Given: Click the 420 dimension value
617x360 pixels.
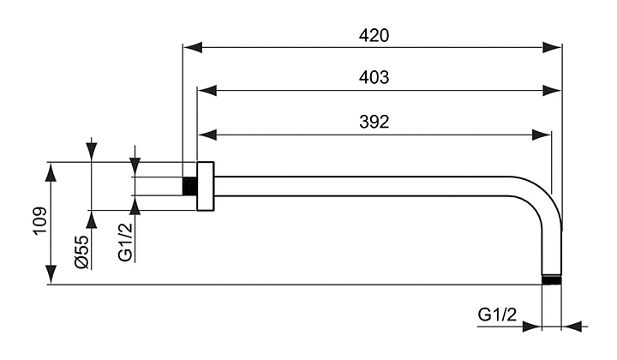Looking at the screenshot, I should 374,36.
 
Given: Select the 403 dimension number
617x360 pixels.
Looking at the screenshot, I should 374,77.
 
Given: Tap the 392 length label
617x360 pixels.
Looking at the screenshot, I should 374,121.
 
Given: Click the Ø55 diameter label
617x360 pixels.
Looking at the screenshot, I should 81,251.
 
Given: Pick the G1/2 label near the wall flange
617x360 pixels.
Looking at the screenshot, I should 126,242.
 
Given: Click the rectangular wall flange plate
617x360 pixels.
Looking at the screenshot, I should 205,185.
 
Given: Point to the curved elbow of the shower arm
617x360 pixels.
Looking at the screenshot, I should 548,206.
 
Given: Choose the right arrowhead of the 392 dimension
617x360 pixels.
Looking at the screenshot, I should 542,134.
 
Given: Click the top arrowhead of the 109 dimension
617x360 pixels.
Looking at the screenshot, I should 52,171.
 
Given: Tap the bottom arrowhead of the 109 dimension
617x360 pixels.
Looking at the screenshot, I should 52,275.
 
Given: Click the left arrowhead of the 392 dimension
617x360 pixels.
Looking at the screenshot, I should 206,134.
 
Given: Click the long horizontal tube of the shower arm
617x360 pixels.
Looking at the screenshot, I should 368,186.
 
